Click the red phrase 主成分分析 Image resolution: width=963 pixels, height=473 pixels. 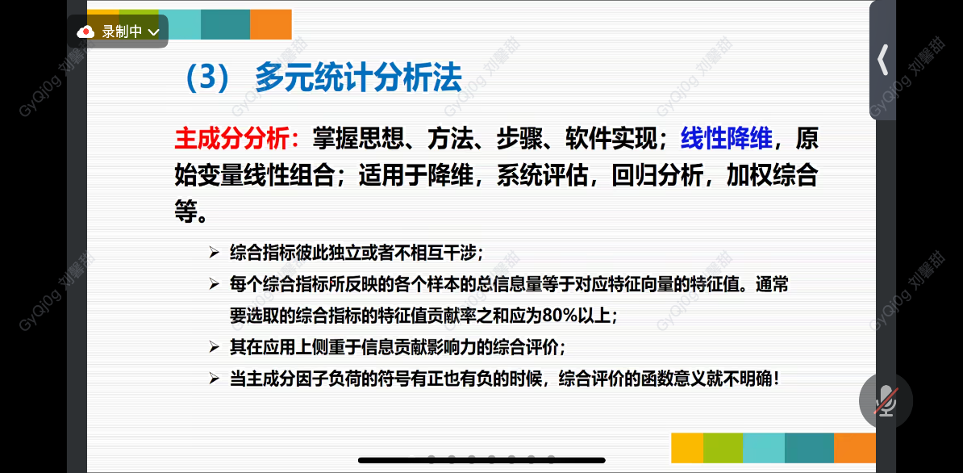(231, 140)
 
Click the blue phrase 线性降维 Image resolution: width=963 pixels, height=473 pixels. (727, 140)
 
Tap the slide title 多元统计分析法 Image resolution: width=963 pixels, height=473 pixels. (359, 78)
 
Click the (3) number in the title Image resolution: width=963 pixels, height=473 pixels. (207, 78)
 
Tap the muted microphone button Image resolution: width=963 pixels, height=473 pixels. (886, 400)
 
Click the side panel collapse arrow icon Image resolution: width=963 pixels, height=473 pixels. (883, 61)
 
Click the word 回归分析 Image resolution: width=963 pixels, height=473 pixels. (657, 176)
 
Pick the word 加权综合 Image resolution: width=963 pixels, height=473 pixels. (772, 176)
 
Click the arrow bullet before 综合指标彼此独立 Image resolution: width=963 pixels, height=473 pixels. (214, 253)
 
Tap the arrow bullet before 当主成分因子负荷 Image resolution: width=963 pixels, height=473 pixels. (214, 379)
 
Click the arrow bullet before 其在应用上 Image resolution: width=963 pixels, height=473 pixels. (214, 348)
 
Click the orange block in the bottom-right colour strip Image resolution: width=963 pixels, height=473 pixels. (854, 448)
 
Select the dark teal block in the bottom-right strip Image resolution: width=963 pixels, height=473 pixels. (809, 448)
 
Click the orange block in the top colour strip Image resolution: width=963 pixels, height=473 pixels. (271, 24)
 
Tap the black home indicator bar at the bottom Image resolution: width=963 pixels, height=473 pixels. (481, 460)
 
